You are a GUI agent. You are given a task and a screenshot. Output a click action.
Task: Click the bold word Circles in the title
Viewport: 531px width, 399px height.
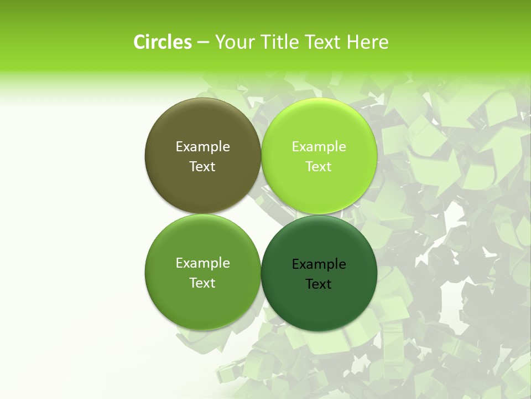coord(163,42)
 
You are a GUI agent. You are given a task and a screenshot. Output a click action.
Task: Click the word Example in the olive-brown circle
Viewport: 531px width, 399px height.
coord(202,147)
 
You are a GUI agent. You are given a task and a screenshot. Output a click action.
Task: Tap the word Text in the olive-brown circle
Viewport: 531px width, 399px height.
coord(202,167)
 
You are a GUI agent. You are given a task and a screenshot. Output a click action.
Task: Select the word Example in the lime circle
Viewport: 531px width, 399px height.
coord(319,147)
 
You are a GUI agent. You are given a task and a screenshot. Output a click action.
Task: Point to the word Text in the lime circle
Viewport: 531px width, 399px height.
coord(319,167)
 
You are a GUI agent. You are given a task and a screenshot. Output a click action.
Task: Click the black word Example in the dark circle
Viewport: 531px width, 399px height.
coord(319,264)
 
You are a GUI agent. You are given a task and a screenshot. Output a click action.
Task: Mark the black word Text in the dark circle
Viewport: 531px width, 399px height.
coord(319,284)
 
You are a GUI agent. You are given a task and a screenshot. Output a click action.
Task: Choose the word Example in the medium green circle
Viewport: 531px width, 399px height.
coord(202,263)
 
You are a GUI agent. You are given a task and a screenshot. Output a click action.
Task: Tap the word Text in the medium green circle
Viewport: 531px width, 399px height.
coord(202,283)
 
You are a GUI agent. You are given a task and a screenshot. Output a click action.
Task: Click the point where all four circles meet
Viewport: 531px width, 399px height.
coord(261,214)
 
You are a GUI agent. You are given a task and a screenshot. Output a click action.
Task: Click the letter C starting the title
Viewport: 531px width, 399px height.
coord(139,42)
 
